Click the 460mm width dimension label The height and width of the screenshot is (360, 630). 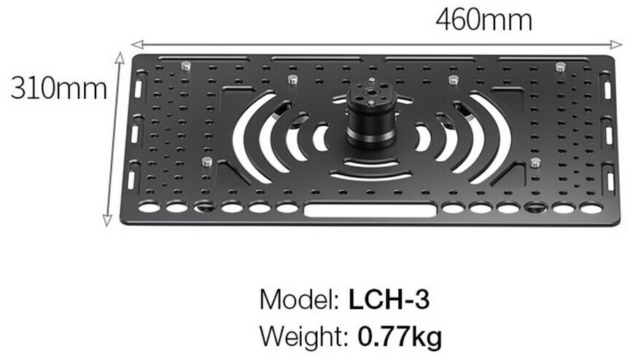[483, 20]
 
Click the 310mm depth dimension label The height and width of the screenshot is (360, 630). [58, 88]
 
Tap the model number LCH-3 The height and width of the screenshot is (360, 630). [389, 300]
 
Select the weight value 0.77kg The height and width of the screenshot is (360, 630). [400, 337]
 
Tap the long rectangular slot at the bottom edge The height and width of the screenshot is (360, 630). [370, 210]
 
